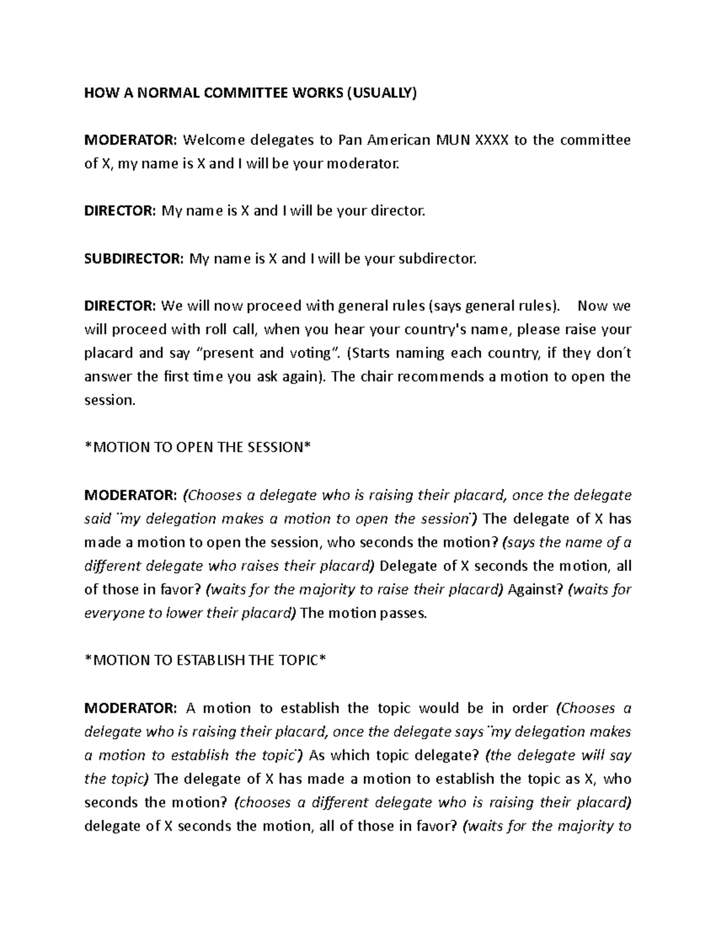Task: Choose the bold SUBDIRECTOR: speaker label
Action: (134, 259)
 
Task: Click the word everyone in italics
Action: (112, 614)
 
